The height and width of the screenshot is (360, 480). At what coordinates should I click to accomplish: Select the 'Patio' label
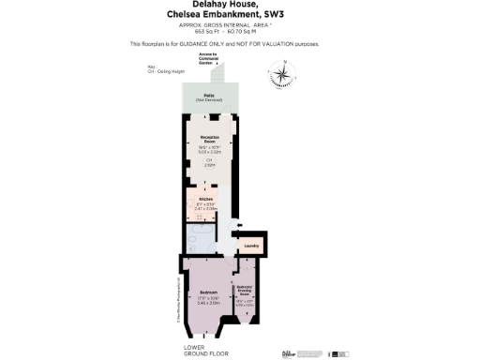[x=208, y=97]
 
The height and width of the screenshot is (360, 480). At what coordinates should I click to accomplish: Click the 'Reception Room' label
[x=209, y=138]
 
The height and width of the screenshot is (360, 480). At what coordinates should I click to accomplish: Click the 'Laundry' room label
[x=250, y=246]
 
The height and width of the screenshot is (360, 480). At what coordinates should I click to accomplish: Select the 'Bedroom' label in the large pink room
[x=208, y=292]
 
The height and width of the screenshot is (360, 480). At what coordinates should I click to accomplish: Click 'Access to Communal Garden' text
[x=208, y=57]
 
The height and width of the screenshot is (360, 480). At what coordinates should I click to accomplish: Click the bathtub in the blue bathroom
[x=200, y=238]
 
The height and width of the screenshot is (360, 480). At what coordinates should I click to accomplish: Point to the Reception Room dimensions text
[x=208, y=148]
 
